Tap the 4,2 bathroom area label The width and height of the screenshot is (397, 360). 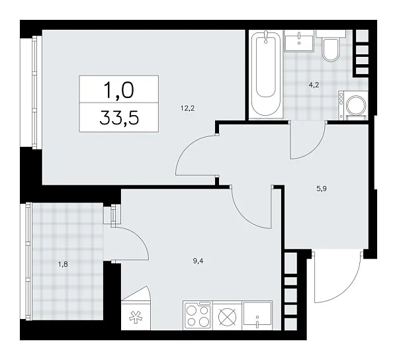coord(315,84)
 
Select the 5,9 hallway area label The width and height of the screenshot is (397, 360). coord(322,189)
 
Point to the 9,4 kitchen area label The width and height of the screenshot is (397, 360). coord(198,261)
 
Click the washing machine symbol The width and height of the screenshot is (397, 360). coord(355,106)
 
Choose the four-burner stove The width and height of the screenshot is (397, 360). coord(198,315)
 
